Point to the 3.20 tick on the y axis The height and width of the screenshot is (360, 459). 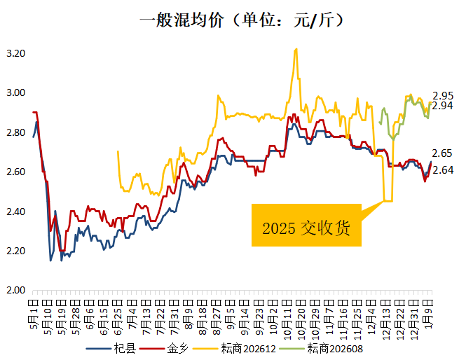(16, 53)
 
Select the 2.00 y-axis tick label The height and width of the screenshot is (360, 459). (16, 291)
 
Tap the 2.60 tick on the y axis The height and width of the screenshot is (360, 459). (16, 172)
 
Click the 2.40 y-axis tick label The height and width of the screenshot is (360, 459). (16, 212)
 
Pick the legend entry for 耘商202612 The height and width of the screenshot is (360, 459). (242, 348)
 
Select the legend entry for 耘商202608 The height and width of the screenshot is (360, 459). (329, 348)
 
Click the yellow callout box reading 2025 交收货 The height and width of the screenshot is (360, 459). (306, 226)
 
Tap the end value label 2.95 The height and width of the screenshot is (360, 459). (443, 95)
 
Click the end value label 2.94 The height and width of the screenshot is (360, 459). (443, 106)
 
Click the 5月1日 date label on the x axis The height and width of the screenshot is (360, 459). (34, 313)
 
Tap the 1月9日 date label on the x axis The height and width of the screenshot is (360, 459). (429, 313)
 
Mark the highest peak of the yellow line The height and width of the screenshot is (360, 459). (296, 49)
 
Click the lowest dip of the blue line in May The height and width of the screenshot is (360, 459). (50, 261)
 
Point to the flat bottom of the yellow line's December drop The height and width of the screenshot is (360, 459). (388, 201)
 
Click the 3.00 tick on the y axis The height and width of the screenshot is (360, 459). (16, 93)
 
